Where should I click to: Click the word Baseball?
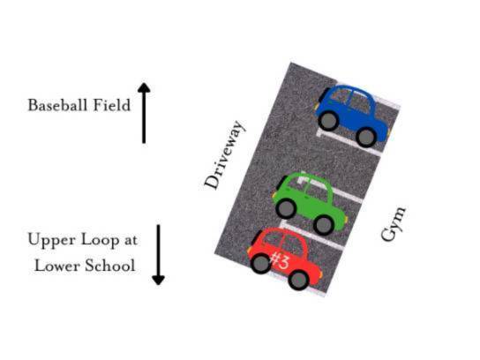(x=57, y=105)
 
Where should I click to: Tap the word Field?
(x=112, y=105)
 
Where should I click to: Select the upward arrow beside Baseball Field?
(x=144, y=113)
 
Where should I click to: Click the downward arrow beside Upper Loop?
(x=158, y=255)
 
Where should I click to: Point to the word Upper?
(x=52, y=241)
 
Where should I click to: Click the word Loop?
(x=100, y=241)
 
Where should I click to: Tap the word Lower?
(x=57, y=265)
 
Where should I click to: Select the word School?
(x=110, y=265)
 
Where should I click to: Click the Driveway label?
(x=225, y=155)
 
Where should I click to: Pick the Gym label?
(x=394, y=223)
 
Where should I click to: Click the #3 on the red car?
(x=279, y=260)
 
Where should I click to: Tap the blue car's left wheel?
(x=329, y=121)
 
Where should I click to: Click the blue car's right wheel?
(x=366, y=137)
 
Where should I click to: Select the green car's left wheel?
(x=286, y=208)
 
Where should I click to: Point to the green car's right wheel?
(x=323, y=225)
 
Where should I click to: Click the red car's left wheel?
(x=261, y=263)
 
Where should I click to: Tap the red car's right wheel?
(x=298, y=280)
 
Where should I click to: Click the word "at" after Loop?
(x=131, y=240)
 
